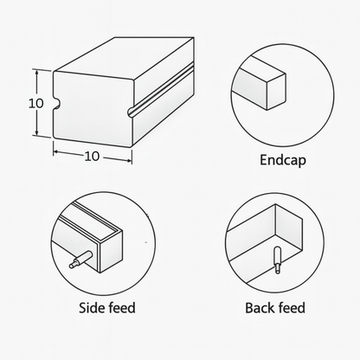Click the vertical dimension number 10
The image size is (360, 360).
pos(36,103)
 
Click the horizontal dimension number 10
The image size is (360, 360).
pos(92,156)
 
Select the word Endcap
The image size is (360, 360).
pos(283,160)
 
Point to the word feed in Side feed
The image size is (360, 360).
pos(120,307)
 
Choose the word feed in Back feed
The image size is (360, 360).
pos(292,307)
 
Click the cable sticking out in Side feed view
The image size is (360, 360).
pos(81,260)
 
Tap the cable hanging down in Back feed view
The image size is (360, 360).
pos(277,260)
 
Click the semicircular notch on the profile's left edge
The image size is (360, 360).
pos(56,104)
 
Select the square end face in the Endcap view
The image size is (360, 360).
pos(276,92)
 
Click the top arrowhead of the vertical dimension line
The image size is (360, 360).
pos(36,72)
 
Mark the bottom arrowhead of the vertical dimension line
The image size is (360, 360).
pos(36,132)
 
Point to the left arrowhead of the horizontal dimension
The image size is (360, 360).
pos(56,151)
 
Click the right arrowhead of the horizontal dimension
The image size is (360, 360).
pos(129,160)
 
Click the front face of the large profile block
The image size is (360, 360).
pos(93,109)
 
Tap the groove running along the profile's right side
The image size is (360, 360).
pos(161,90)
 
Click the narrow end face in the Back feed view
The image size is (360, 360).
pos(288,228)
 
